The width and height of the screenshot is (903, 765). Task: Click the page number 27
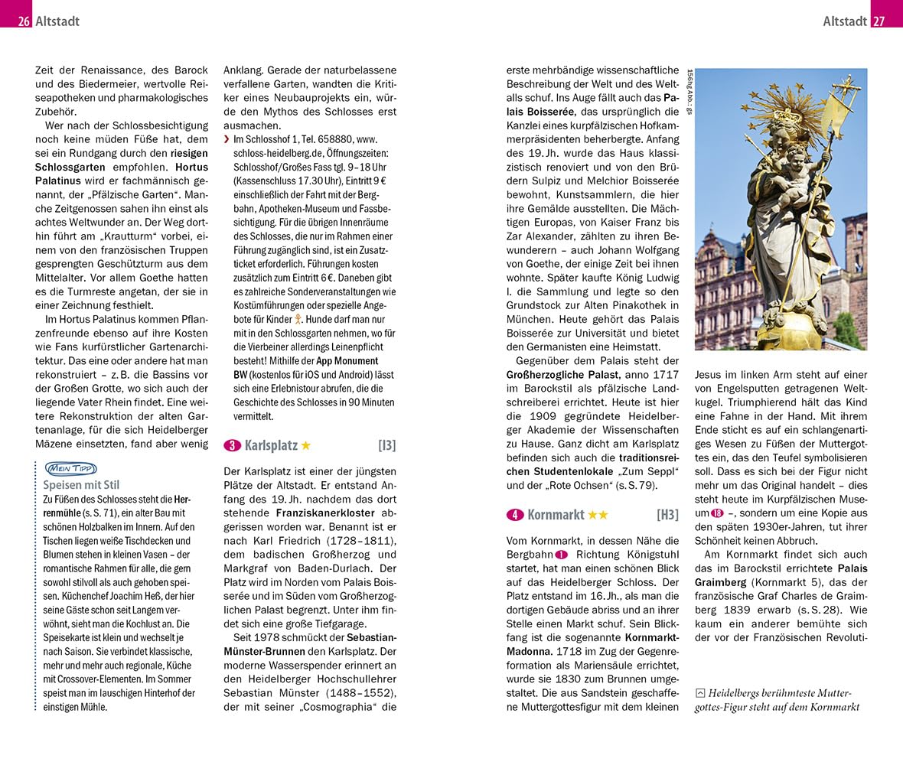(x=879, y=21)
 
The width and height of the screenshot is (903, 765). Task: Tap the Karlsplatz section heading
(x=270, y=445)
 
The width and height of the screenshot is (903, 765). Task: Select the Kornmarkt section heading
(x=556, y=515)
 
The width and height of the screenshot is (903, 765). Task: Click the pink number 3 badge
(x=232, y=445)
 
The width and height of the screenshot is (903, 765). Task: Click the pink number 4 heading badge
(x=515, y=515)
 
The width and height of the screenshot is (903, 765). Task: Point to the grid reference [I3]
(x=386, y=445)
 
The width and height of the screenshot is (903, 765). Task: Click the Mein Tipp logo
(x=71, y=468)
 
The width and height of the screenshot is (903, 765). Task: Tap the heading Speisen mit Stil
(x=81, y=485)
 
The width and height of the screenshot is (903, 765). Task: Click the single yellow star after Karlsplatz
(x=306, y=445)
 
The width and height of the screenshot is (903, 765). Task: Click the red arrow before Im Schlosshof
(x=227, y=140)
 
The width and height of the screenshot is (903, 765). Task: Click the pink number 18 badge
(x=717, y=513)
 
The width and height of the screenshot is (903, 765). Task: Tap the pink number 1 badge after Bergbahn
(x=562, y=555)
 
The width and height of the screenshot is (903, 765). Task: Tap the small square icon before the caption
(x=699, y=693)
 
